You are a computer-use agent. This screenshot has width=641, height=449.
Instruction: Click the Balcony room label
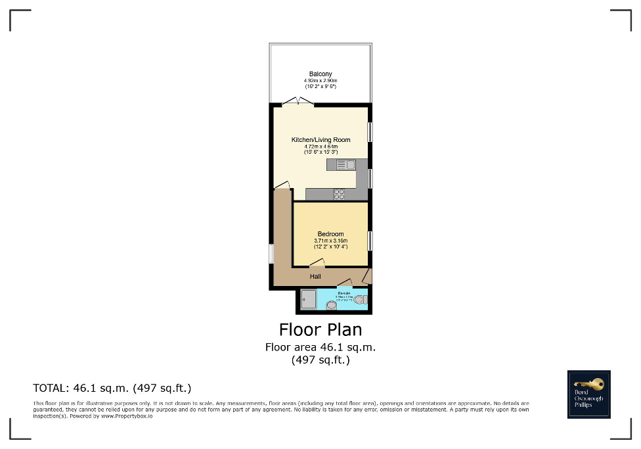320,74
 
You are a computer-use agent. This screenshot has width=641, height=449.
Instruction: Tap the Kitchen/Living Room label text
320,139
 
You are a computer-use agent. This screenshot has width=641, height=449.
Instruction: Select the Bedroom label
330,234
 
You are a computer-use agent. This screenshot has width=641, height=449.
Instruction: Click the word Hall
315,277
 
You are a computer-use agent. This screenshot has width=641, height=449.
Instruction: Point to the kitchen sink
345,165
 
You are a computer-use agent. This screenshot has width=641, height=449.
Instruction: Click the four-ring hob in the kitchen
340,194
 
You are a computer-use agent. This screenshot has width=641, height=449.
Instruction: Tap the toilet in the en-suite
360,300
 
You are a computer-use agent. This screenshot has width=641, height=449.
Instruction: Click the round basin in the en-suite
331,304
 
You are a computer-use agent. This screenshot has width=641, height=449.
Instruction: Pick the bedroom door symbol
316,264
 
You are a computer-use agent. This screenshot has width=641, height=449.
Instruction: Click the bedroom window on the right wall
370,241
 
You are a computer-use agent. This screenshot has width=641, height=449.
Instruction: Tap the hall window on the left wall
271,254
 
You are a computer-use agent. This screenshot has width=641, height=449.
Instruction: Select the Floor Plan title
320,329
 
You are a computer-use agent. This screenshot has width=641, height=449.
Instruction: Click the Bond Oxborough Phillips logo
588,394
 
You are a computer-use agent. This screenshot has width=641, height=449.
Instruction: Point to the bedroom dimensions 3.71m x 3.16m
330,241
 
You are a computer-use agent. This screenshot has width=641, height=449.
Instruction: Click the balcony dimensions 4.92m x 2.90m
320,80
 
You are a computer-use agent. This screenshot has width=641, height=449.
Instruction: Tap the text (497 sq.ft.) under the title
320,360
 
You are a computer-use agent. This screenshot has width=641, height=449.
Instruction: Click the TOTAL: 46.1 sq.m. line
112,388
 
